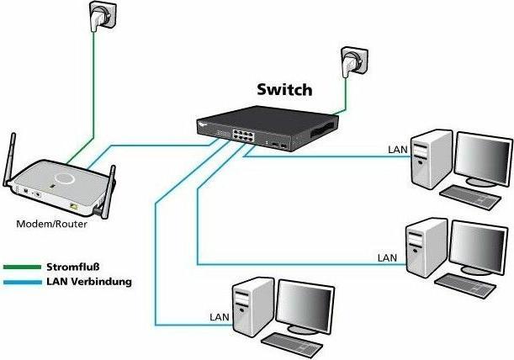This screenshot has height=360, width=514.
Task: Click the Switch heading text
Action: [283, 89]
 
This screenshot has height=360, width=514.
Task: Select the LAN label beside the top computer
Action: [397, 150]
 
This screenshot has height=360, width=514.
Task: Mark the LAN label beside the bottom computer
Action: [217, 318]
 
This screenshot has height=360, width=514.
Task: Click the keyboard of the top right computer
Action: [469, 195]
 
